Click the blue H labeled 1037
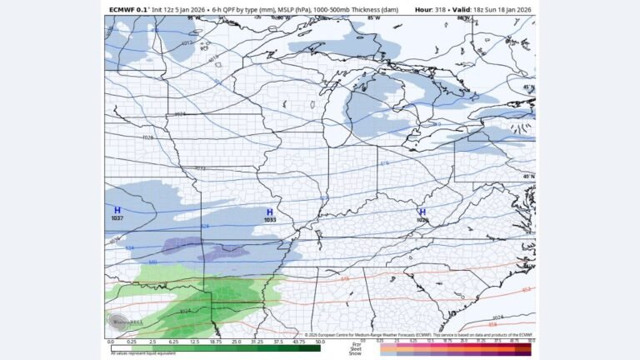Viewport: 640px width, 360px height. coord(117,210)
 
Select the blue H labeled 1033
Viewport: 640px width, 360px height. coord(269,212)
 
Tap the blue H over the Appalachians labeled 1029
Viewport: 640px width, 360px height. coord(422,212)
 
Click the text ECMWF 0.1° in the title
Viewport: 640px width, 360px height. coord(129,9)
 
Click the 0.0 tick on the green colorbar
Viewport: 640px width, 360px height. coord(111,342)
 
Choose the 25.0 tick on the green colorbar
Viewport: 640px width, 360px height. coord(237,342)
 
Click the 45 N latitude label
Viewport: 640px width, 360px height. coord(527,87)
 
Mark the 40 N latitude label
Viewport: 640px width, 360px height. coord(527,176)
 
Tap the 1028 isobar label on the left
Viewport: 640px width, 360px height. coord(147,137)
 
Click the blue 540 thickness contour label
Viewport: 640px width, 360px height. coord(152,262)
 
